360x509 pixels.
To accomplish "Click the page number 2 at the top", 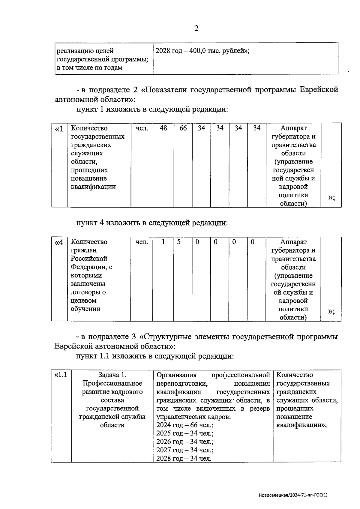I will point(196,28).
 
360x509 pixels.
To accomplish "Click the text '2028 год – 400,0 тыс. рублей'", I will point(202,51).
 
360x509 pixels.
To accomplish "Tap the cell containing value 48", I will point(163,128).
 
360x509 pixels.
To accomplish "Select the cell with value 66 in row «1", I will point(183,128).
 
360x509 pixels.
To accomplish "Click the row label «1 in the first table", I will point(59,129).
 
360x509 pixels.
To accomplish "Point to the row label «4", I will point(59,242).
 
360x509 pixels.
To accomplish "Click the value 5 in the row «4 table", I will point(179,242).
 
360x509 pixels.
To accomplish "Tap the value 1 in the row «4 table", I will point(163,242).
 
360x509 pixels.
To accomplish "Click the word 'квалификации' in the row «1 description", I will point(93,187).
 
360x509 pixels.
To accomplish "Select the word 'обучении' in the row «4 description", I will point(85,309).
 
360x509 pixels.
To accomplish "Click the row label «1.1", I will point(61,375).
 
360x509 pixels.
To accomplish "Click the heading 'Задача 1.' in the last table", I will point(112,375).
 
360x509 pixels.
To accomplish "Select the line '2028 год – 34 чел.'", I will point(184,459).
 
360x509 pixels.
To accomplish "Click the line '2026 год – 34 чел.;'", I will point(185,442).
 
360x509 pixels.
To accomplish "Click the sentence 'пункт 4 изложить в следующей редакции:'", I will point(152,223).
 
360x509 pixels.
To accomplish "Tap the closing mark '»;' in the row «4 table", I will point(331,312).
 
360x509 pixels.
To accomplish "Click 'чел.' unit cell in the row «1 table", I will point(142,128).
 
